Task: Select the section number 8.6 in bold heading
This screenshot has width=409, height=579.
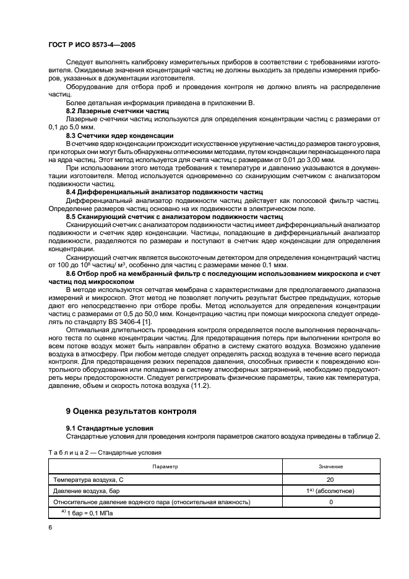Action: click(x=72, y=273)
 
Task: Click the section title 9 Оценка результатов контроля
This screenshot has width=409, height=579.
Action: click(x=131, y=410)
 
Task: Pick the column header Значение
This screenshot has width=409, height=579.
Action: click(x=330, y=466)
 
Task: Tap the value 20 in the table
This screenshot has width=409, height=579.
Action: click(x=330, y=479)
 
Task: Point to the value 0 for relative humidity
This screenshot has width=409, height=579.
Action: click(x=330, y=502)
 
